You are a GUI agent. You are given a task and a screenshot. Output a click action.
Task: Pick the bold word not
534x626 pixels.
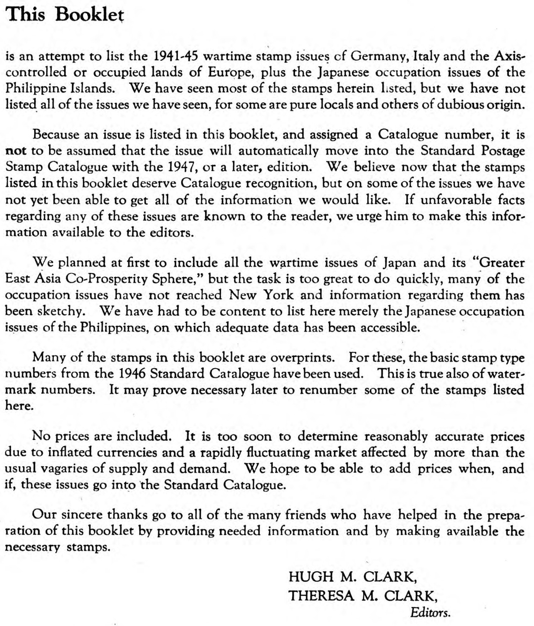[16, 151]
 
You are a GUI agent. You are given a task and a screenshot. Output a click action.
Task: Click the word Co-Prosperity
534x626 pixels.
[107, 278]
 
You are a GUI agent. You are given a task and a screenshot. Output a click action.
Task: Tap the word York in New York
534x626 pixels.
[278, 295]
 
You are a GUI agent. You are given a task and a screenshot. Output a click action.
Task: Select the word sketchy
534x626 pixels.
[61, 311]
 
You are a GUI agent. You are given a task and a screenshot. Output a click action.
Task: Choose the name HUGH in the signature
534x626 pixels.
[311, 577]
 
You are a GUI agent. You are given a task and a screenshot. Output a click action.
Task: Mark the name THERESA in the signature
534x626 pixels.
[321, 595]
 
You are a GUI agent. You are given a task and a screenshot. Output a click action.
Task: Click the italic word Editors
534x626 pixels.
[430, 612]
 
